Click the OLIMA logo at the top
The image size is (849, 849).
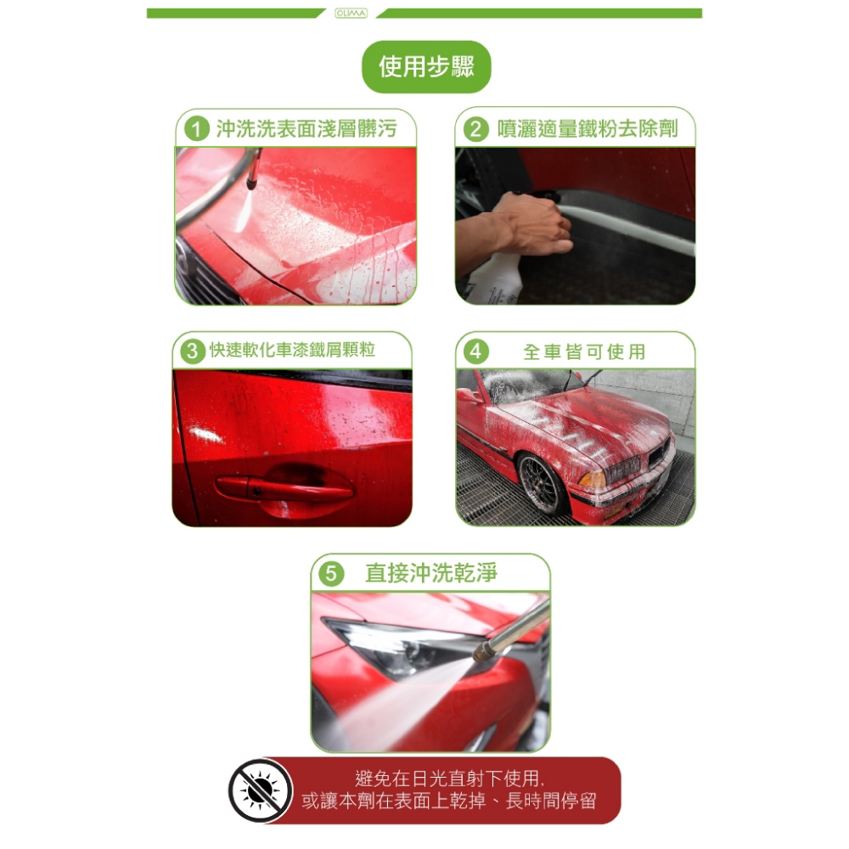(351, 13)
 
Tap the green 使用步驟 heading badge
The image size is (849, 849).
(426, 66)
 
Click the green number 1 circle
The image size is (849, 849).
(197, 129)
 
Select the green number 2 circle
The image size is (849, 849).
(476, 129)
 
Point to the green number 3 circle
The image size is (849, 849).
(192, 351)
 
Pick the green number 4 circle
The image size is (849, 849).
(476, 351)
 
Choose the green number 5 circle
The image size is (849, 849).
(331, 573)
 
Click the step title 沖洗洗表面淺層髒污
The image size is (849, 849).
(306, 129)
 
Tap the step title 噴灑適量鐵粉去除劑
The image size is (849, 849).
(588, 129)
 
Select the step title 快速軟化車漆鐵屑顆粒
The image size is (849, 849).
(292, 350)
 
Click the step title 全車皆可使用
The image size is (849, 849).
(584, 352)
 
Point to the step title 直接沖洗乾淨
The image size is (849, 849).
(431, 573)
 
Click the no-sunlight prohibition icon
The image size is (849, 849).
(261, 790)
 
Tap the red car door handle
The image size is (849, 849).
(284, 488)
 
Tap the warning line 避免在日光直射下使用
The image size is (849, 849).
(449, 779)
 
